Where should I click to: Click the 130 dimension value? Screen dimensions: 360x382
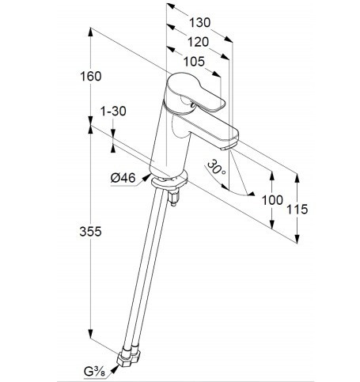200,22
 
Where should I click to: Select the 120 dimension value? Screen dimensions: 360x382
198,42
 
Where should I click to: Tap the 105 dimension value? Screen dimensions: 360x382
194,62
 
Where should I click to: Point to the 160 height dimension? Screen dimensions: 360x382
91,77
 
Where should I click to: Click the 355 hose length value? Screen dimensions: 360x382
90,232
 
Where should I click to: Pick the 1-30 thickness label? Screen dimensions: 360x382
113,112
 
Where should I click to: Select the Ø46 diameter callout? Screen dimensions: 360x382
123,178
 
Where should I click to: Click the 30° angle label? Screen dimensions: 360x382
217,168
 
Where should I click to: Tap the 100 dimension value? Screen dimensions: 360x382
272,200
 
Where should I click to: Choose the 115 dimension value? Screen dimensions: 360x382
297,210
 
